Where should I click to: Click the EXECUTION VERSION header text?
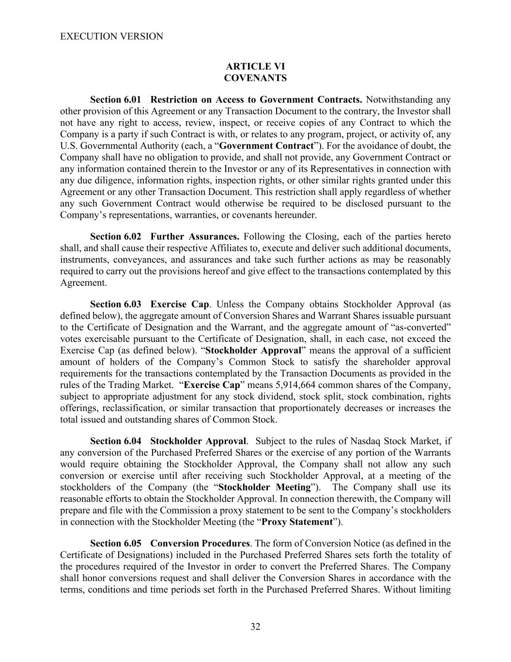111,36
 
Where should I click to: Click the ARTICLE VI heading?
255,66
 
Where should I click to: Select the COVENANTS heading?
255,78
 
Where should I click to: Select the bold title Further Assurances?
195,237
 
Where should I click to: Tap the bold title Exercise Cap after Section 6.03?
180,305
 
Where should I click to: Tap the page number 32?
255,627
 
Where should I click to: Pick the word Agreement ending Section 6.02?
83,283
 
